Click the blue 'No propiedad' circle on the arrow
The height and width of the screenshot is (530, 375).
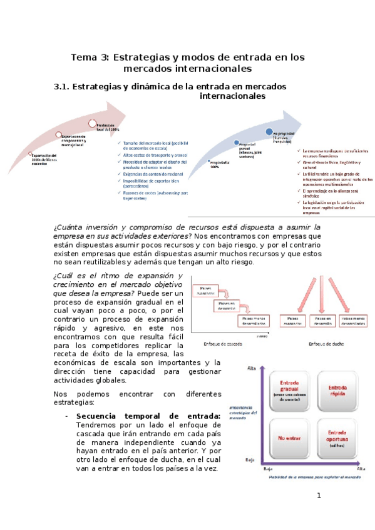click(269, 131)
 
